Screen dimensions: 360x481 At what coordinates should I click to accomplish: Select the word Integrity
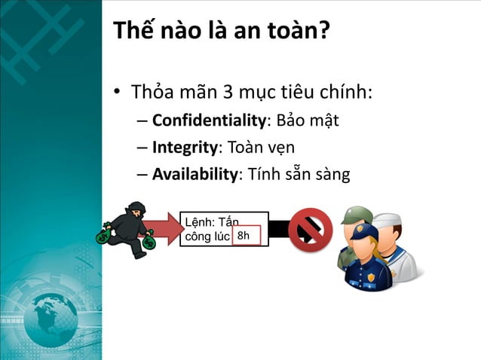coord(184,147)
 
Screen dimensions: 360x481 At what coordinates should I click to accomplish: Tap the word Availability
coord(195,175)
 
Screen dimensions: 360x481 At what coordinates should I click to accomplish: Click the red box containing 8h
coord(244,236)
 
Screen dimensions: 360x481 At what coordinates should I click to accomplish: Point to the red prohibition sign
coord(310,230)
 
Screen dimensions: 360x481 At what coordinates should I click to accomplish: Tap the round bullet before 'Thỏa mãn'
coord(118,94)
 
